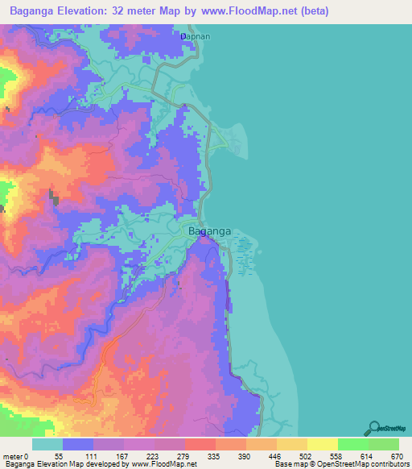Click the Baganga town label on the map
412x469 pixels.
[209, 231]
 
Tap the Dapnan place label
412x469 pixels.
[195, 37]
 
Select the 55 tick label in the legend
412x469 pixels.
[59, 456]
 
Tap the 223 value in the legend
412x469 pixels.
[152, 456]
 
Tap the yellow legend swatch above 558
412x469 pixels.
[322, 444]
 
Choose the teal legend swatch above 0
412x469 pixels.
[47, 444]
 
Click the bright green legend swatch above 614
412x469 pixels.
[352, 444]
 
